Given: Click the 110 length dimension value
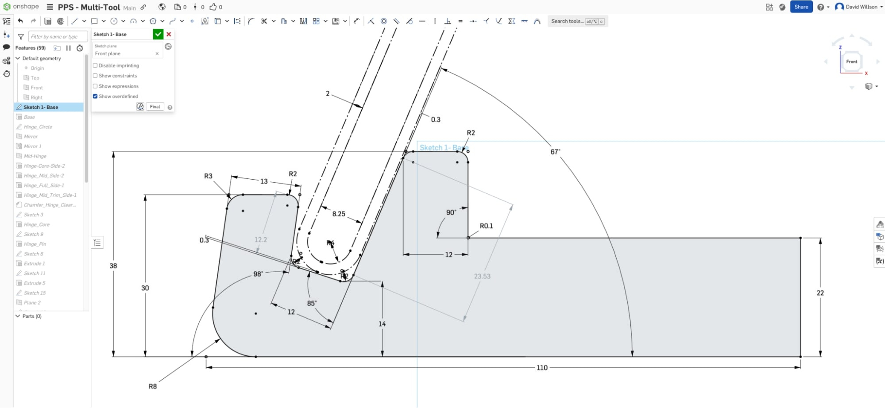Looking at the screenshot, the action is pos(542,368).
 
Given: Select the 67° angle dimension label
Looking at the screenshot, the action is pos(555,152).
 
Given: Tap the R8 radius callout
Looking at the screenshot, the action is pos(153,386).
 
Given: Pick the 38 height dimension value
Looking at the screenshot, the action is pos(113,266).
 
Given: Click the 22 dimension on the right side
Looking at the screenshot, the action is pos(820,293).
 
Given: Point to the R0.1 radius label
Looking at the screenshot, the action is pos(486,226).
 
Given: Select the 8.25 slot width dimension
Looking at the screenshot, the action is pos(339,214).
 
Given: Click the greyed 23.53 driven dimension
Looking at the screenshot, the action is pos(482,277).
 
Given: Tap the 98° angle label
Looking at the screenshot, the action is pos(258,274).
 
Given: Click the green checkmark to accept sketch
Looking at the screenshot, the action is pos(158,34).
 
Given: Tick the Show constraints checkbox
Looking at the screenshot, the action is pos(95,76).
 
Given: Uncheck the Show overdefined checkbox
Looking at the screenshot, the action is pos(95,96).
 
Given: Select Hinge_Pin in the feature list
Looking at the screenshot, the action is pos(35,244).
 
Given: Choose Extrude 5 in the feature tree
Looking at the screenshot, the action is pos(35,283).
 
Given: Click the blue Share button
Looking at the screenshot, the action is pos(801,7).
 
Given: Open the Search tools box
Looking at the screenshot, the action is pos(577,21).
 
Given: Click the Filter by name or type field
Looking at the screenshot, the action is pos(58,37).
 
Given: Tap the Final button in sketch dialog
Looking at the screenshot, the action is pos(155,107).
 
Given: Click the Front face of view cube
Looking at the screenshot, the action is pos(851,62).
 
